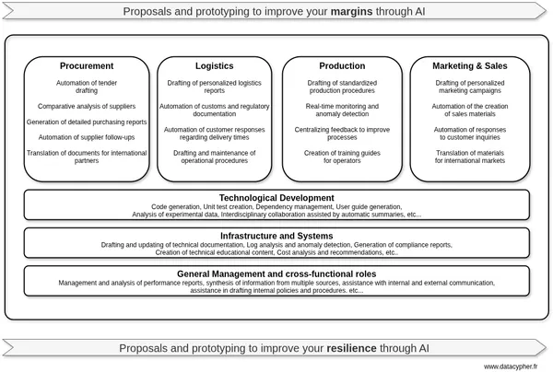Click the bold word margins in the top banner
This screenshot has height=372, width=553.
tap(326, 11)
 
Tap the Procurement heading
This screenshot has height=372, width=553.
tap(87, 66)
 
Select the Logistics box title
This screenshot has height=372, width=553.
tap(215, 66)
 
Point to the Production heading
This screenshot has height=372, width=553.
tap(342, 66)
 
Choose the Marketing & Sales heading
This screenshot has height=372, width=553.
tap(470, 66)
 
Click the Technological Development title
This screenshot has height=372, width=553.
tap(276, 198)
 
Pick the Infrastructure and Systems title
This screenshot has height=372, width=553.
tap(276, 237)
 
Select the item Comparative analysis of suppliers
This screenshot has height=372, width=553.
tap(87, 107)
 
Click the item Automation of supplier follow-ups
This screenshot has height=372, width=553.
tap(87, 137)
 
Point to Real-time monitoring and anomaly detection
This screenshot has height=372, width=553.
tap(342, 111)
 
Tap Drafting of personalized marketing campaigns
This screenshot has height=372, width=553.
tap(470, 87)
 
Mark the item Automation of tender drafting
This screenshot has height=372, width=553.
tap(87, 87)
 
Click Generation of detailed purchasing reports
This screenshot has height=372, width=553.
tap(87, 122)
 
